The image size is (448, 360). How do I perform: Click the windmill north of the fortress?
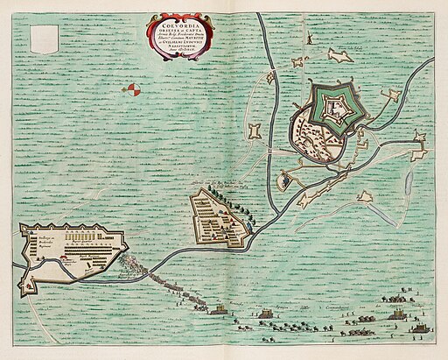[299, 62]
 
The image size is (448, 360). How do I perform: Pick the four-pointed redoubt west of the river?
[255, 132]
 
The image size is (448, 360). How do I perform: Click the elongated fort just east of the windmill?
[339, 56]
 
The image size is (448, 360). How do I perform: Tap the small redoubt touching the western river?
[270, 79]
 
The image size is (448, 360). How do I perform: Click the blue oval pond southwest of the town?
[284, 182]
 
